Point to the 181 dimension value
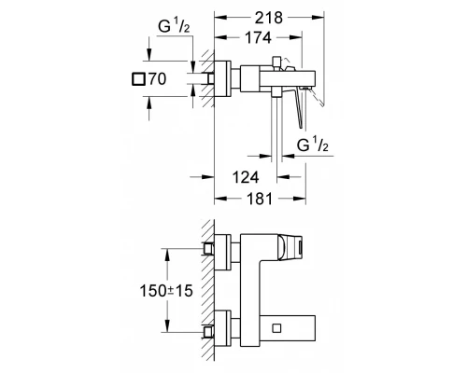262,198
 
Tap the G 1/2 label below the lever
315,145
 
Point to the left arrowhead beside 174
219,39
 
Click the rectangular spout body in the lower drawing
280,328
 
